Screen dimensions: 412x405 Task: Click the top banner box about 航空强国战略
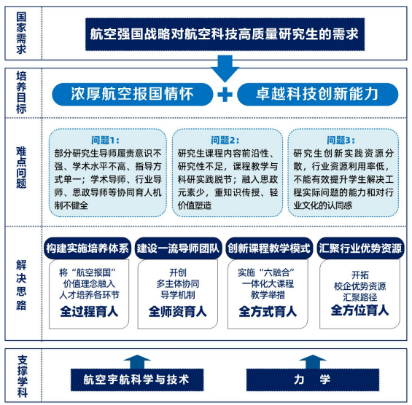click(225, 34)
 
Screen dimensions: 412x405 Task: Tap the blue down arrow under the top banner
click(225, 68)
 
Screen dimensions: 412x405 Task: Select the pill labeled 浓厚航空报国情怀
click(133, 94)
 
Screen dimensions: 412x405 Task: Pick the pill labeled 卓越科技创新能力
click(317, 94)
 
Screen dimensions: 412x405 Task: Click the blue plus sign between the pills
click(225, 95)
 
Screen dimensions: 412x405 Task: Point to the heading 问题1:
click(105, 141)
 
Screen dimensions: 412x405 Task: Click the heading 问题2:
click(225, 141)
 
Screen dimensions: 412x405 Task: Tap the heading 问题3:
click(341, 141)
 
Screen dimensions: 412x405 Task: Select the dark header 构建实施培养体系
click(88, 248)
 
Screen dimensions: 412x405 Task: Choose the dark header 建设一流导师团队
click(178, 248)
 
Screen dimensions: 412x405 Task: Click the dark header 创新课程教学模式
click(269, 248)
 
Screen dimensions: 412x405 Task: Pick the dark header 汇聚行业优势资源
click(360, 248)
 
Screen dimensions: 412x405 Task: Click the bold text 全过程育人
click(89, 312)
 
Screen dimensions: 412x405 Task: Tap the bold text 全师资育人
click(178, 312)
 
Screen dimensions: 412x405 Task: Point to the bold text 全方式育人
click(268, 312)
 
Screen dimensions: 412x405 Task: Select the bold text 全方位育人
click(359, 310)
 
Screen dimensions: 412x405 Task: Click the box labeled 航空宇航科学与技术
click(137, 380)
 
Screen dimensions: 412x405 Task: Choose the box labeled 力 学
click(313, 380)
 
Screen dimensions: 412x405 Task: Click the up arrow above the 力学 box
click(313, 362)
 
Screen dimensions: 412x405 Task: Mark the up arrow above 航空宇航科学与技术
click(137, 362)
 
